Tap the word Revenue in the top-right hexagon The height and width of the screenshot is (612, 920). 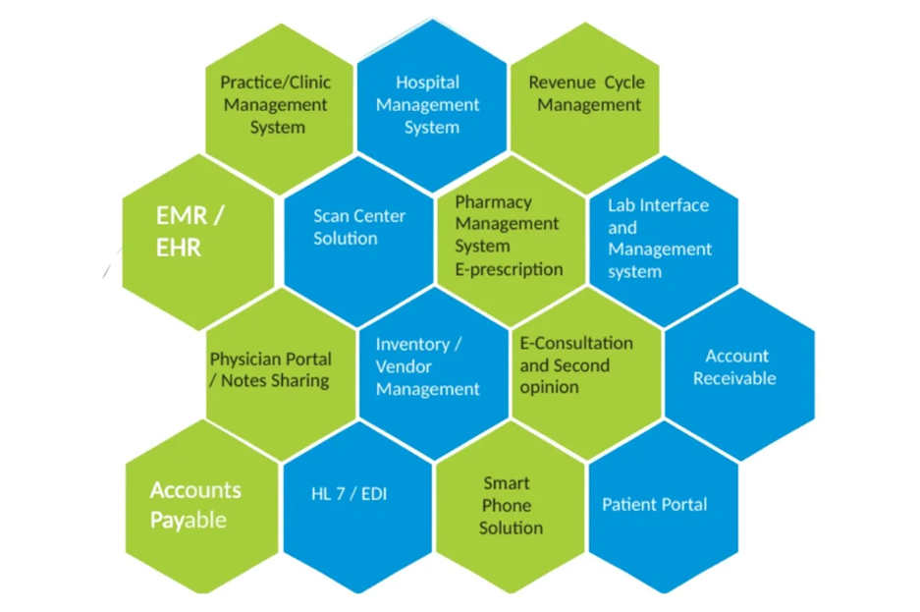562,83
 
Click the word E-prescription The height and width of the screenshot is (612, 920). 509,269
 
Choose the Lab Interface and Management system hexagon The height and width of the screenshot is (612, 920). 660,239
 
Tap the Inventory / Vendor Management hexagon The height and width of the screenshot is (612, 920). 428,367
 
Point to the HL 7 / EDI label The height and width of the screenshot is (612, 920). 350,493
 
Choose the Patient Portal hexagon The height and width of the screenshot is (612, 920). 655,504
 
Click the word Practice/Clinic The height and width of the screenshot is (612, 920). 275,83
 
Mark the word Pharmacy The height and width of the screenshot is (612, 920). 493,202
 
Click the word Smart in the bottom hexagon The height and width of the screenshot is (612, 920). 507,483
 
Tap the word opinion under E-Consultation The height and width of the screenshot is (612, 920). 549,387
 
